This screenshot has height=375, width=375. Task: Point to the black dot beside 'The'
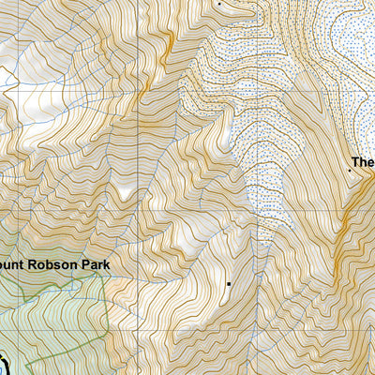click(x=350, y=171)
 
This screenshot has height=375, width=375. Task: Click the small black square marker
click(x=228, y=281)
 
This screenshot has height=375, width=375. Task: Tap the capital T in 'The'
click(x=357, y=160)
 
